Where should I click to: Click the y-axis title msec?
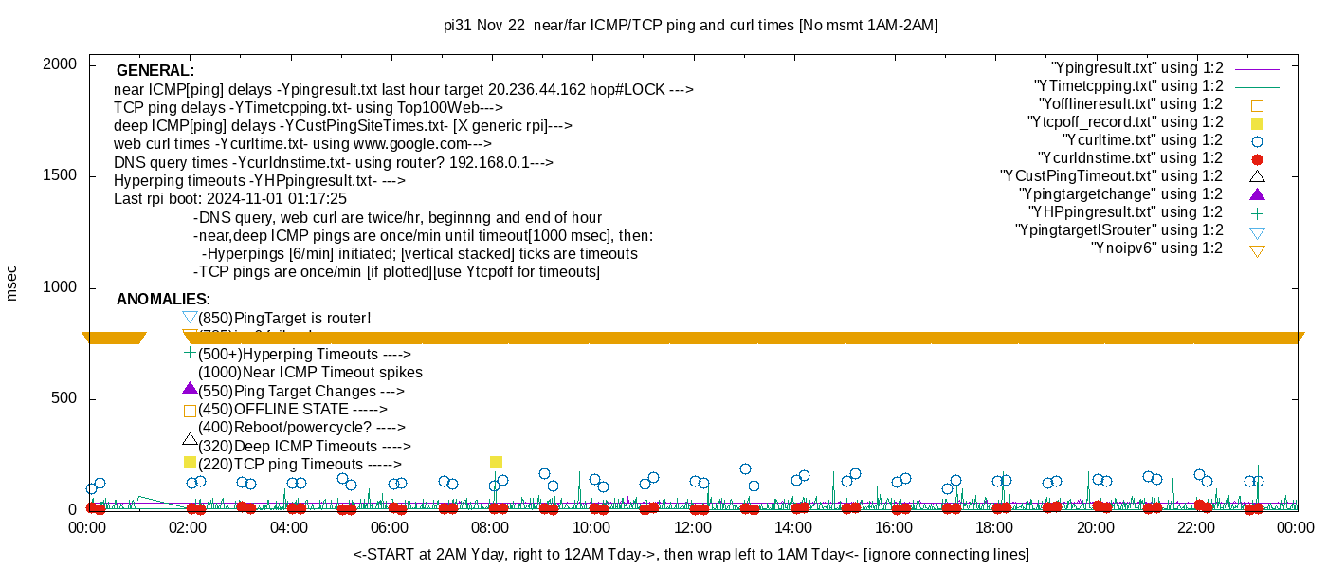click(11, 283)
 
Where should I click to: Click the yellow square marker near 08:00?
click(496, 463)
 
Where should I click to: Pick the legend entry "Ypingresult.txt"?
click(1137, 68)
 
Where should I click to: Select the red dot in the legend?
click(1258, 159)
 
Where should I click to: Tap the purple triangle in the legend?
click(1258, 194)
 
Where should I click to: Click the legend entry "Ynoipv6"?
click(1156, 248)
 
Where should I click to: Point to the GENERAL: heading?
click(155, 71)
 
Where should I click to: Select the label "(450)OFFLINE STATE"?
click(294, 410)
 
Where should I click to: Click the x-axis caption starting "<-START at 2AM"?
click(690, 554)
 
